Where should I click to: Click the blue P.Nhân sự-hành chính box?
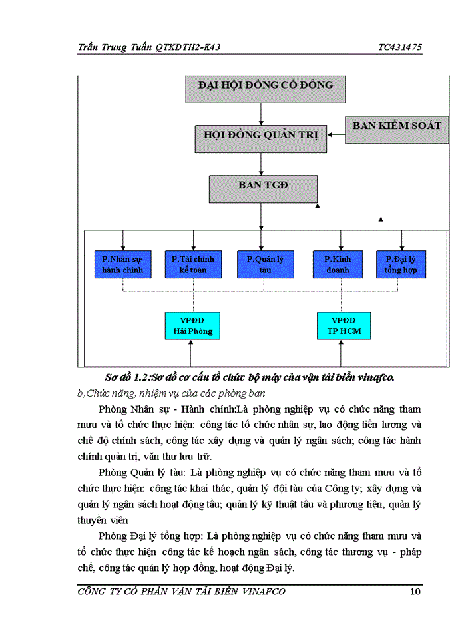123,264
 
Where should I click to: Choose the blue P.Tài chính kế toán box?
193,264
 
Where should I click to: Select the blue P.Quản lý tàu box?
264,264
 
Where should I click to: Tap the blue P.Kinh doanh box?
342,264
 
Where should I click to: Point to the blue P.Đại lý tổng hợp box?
401,264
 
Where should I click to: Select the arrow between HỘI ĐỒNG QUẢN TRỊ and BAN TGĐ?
261,165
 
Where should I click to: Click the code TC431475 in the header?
399,47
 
